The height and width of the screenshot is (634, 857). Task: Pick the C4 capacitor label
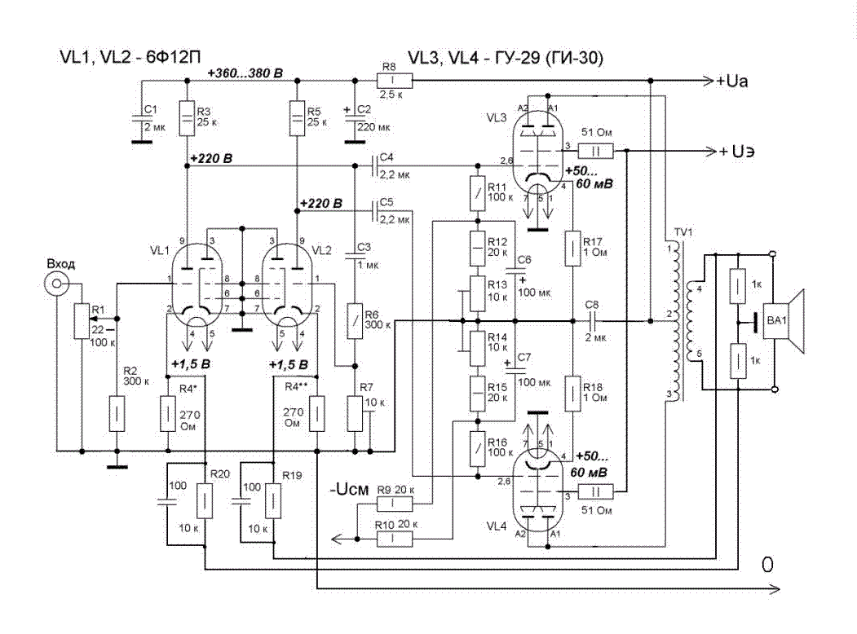pos(387,156)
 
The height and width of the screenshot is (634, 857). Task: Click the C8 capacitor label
pos(594,305)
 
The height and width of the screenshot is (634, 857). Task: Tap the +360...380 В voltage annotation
pos(245,73)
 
